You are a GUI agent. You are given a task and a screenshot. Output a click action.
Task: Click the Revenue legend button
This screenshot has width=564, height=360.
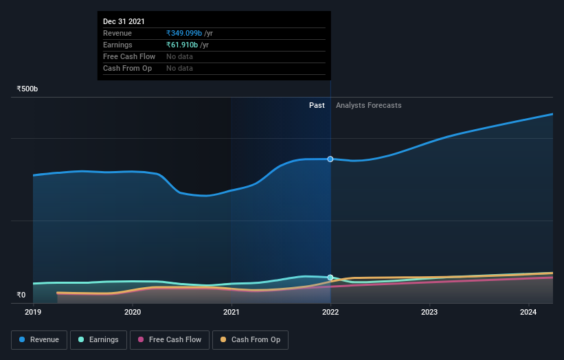(40, 339)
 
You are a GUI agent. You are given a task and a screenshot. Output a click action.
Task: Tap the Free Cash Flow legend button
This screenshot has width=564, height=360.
(170, 339)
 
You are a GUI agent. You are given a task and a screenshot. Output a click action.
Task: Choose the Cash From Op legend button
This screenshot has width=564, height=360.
(251, 339)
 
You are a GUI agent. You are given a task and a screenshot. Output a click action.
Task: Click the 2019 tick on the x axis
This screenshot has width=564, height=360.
(34, 312)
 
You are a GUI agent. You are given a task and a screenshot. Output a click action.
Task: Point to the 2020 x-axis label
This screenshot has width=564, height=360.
(133, 312)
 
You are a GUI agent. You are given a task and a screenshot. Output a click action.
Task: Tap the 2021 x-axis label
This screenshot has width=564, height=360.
(232, 312)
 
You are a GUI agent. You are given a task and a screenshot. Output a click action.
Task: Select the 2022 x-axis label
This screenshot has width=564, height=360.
(330, 312)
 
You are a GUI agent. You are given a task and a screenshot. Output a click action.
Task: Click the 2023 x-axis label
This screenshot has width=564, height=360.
(429, 312)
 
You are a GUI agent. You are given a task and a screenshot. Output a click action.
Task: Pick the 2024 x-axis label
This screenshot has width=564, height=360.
(528, 312)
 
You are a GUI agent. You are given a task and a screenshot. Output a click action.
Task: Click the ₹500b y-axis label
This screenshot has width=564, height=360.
(27, 89)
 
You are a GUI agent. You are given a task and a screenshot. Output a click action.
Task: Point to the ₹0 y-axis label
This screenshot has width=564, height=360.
(21, 295)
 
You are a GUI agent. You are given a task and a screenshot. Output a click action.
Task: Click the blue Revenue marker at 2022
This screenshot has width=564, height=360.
(330, 159)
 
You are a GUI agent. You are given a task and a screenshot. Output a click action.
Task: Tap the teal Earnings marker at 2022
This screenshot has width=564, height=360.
(330, 278)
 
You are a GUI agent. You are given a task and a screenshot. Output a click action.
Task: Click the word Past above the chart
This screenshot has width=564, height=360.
(317, 106)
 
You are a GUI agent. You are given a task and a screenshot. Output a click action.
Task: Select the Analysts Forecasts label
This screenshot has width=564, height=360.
(368, 106)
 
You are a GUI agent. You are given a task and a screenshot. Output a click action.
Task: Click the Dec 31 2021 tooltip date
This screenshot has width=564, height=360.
(124, 22)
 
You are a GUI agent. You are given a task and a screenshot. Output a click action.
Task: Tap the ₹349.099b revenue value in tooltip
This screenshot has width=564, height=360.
(184, 34)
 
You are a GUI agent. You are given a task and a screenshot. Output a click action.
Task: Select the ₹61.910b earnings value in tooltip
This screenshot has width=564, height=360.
(182, 45)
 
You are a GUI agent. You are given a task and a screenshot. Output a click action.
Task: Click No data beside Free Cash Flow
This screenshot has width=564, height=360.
(179, 57)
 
